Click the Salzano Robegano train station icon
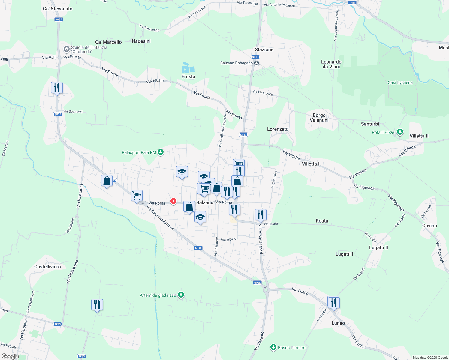tap(256, 63)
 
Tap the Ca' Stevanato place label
tap(58, 9)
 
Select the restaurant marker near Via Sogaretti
tap(57, 88)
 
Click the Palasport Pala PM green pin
tap(161, 152)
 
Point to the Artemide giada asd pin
tap(181, 295)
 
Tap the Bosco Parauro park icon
tap(273, 348)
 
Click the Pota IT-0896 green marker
tap(400, 132)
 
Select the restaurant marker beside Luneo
tap(333, 303)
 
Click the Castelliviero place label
tap(47, 267)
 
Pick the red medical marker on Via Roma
tap(173, 201)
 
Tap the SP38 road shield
tap(352, 3)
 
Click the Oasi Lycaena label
tap(400, 83)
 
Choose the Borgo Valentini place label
tap(319, 118)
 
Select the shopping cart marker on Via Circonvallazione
tap(137, 196)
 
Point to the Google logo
tap(10, 356)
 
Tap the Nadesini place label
tap(141, 41)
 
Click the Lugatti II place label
tap(378, 247)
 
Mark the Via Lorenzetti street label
tap(263, 93)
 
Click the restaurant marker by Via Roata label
tap(261, 215)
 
